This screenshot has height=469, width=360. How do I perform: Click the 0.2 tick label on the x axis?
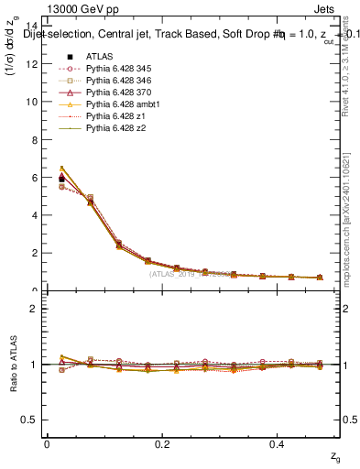click(162, 443)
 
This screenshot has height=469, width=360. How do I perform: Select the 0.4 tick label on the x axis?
click(278, 443)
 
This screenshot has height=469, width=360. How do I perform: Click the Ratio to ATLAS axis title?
click(12, 364)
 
